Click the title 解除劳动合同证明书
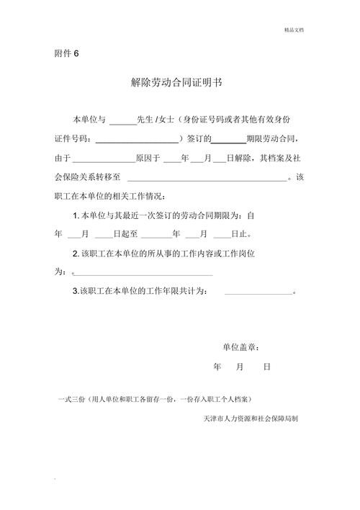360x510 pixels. coord(176,82)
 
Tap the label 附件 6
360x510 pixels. coord(66,54)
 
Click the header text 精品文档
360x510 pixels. coord(294,30)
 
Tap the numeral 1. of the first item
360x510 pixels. coord(76,215)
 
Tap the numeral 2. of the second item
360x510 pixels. coord(76,254)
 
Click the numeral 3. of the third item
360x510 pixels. coord(76,292)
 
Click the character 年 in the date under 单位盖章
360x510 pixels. coord(217,367)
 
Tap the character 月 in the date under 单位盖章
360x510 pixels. coord(240,367)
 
